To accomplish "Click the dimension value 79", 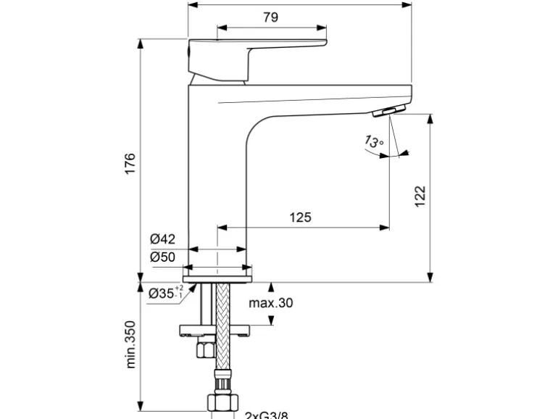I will (270, 17).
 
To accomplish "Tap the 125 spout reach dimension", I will (301, 217).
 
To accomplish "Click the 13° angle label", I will (373, 141).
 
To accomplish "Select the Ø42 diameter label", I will (162, 239).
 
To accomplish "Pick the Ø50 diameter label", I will (162, 257).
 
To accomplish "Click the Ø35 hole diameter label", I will (165, 294).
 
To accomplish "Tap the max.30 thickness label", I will (270, 303).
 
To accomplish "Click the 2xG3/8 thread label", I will (265, 414).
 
